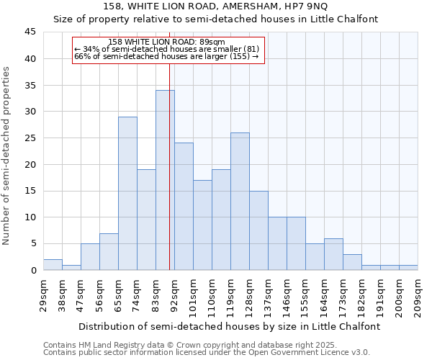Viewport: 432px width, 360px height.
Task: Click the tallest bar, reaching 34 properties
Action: pos(165,180)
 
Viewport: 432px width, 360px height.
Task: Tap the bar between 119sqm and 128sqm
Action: pos(240,201)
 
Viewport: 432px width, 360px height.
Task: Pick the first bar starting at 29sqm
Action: pos(53,264)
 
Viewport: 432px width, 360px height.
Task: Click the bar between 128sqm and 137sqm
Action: pos(258,230)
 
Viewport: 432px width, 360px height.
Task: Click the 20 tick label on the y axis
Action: pos(31,164)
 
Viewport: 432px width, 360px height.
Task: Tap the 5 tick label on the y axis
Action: pos(33,244)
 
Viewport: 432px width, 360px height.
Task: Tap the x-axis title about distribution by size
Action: pos(229,326)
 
